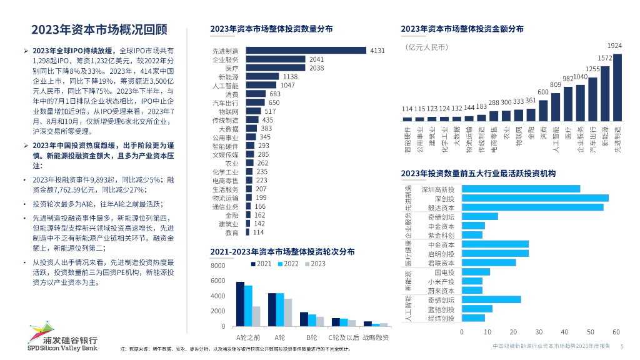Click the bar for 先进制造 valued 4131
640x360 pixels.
tap(304, 51)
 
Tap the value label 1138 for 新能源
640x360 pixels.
tap(290, 76)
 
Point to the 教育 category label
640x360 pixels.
tap(232, 232)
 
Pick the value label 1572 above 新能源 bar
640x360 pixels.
tap(605, 58)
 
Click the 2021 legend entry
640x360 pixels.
tap(261, 264)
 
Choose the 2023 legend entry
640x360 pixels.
tap(315, 264)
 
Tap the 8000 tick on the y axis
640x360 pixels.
tap(218, 266)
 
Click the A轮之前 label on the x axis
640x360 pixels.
tap(239, 337)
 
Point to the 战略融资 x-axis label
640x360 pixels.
tap(376, 337)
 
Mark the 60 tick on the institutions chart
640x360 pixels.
tap(616, 332)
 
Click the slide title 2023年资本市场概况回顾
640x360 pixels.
tap(99, 29)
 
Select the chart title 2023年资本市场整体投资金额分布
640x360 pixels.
tap(462, 29)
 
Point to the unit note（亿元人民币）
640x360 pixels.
tap(427, 47)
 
